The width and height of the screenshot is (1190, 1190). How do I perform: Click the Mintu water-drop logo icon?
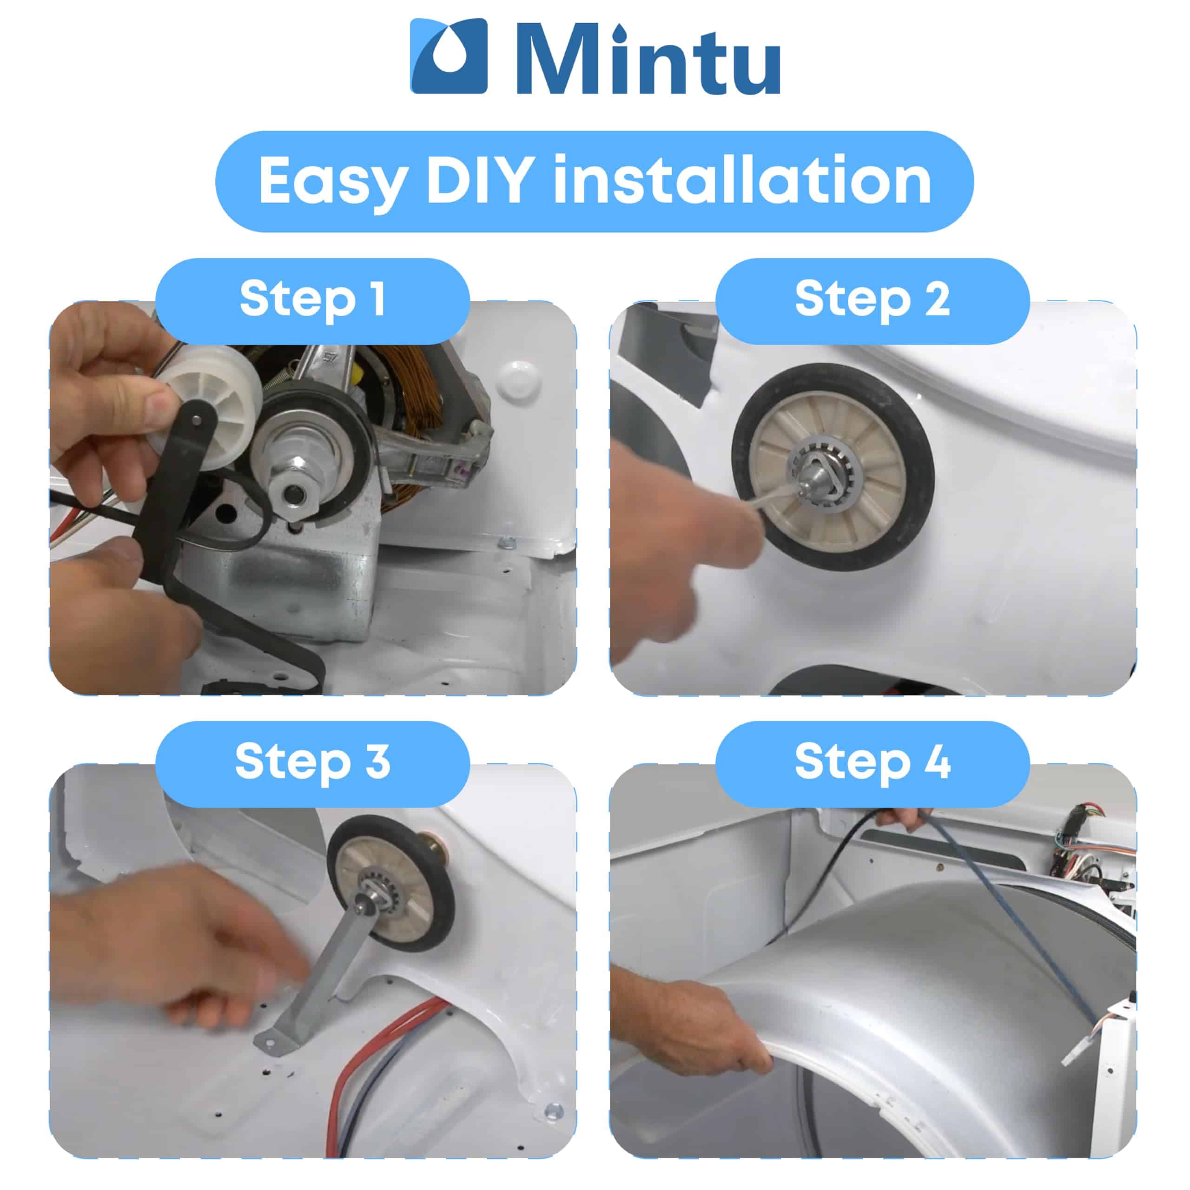click(449, 56)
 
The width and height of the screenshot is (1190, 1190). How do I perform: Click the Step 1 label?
click(312, 300)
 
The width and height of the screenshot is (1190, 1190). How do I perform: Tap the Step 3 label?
click(312, 762)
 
